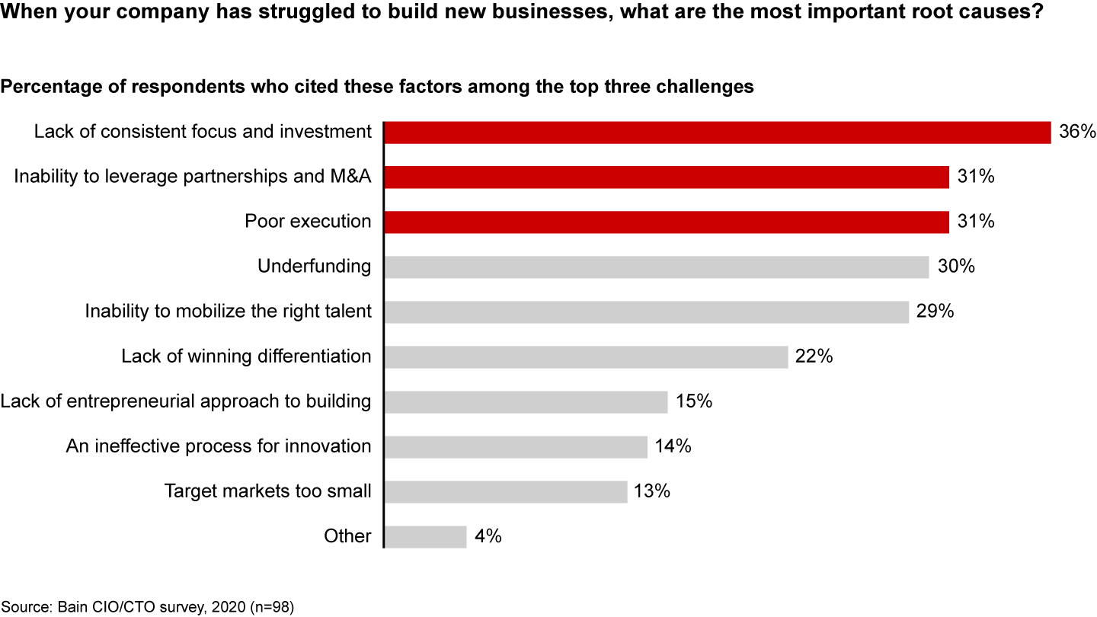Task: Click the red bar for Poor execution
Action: click(667, 222)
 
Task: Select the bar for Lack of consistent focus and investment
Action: click(718, 132)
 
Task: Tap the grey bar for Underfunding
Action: click(657, 267)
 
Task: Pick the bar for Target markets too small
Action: click(506, 491)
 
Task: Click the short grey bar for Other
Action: click(425, 536)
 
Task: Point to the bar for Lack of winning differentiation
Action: click(586, 356)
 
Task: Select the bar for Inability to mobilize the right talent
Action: click(647, 312)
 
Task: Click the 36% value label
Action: click(1077, 132)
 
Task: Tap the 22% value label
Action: click(814, 356)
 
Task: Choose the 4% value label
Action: click(488, 536)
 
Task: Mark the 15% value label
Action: click(693, 401)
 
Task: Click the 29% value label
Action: click(935, 312)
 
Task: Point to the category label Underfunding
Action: click(315, 267)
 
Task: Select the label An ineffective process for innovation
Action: click(219, 446)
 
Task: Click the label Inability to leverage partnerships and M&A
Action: click(193, 177)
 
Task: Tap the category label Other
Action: click(347, 536)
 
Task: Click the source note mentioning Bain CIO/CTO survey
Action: click(147, 607)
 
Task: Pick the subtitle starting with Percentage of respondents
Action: click(377, 87)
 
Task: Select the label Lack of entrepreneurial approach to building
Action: click(186, 401)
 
